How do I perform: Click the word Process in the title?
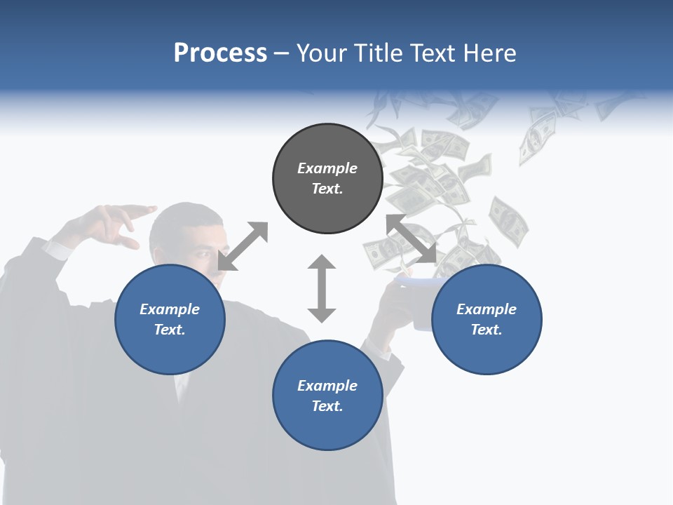click(x=220, y=53)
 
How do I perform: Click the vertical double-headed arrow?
click(x=322, y=288)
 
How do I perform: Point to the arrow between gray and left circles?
click(x=243, y=245)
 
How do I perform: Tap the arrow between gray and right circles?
click(x=412, y=238)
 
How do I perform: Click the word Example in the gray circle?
click(x=327, y=168)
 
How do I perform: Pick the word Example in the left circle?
click(x=170, y=309)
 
